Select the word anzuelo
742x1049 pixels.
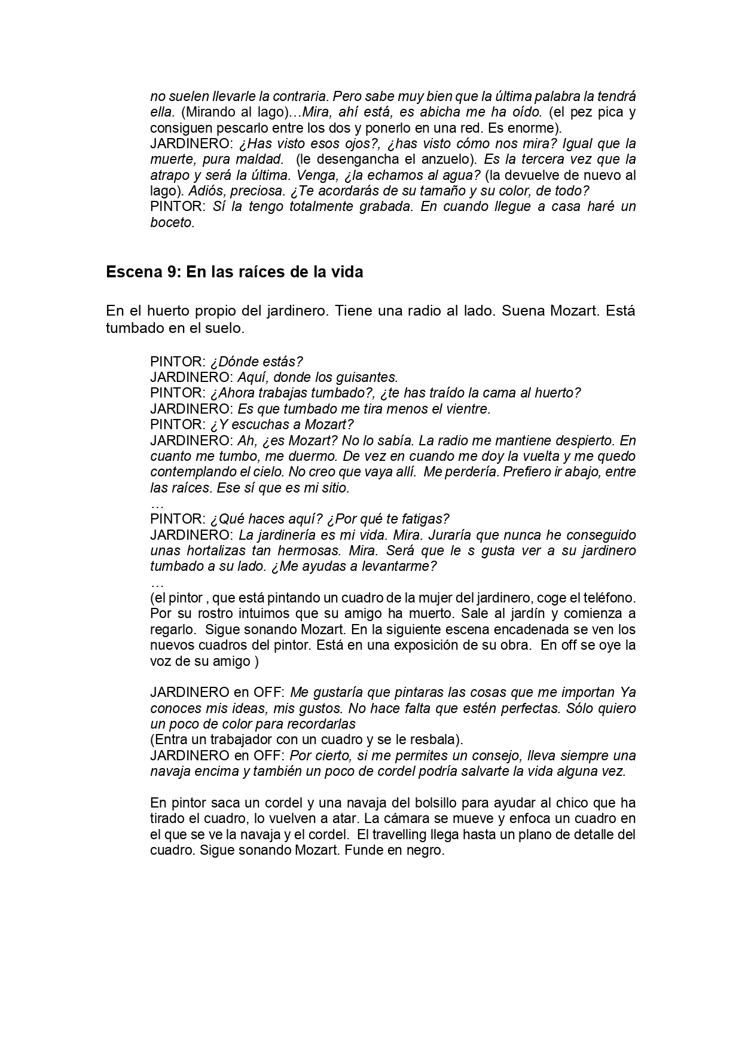451,159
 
